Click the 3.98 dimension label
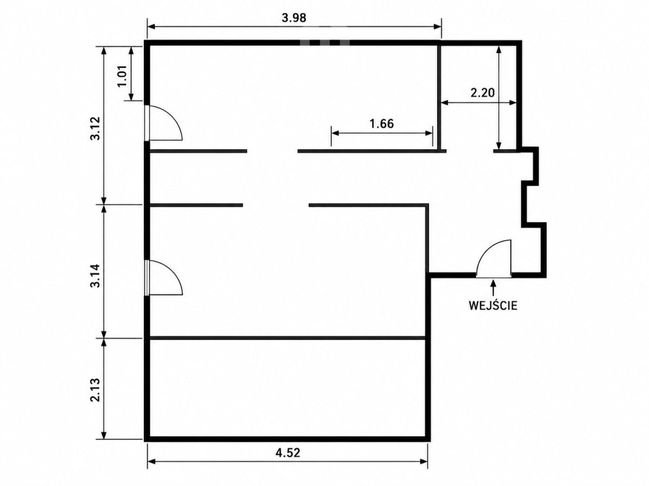[294, 18]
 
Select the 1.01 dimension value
[122, 76]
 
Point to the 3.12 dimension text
[96, 129]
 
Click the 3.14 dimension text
[96, 275]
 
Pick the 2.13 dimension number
[96, 390]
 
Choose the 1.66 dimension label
[382, 124]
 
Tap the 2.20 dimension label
[482, 93]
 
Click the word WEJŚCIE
[493, 306]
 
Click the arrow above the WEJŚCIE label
[493, 288]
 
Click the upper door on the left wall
[164, 123]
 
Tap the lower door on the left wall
[164, 278]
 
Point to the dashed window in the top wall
[325, 43]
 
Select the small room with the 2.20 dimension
[479, 97]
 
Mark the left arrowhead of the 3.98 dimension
[151, 27]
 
